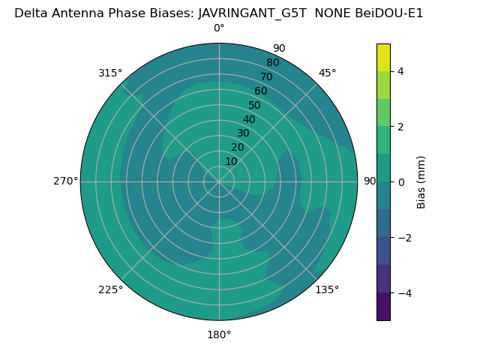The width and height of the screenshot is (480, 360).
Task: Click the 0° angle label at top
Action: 219,28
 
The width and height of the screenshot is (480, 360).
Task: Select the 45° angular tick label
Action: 328,73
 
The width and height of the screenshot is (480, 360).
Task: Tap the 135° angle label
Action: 327,289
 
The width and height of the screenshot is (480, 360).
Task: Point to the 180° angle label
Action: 219,334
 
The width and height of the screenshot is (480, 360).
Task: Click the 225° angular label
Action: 110,289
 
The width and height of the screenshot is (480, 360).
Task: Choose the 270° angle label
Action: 65,181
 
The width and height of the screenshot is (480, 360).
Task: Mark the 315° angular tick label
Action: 110,73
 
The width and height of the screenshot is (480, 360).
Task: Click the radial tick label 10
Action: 231,161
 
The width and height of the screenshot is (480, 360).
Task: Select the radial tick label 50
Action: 255,105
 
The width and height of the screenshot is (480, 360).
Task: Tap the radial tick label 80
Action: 272,62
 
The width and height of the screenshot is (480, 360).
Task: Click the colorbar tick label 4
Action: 400,71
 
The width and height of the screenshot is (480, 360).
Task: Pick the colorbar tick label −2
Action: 403,238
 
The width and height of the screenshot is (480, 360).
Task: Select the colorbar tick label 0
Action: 400,182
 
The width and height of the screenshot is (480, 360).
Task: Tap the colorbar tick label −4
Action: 403,293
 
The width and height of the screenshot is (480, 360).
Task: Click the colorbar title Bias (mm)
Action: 421,182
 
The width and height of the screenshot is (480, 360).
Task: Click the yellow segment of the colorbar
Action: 383,57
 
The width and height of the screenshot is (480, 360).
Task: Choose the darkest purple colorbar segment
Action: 383,307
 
